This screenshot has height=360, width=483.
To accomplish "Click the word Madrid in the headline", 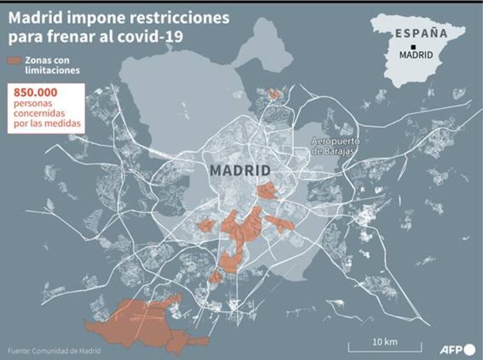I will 32,18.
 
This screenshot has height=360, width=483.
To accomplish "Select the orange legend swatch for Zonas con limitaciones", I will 15,60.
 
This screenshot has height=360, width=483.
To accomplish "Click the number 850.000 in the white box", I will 33,92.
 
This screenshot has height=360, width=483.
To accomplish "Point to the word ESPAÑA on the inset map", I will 421,33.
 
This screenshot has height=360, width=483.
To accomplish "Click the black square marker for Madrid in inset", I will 412,46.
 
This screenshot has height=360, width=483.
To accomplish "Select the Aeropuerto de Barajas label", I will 336,146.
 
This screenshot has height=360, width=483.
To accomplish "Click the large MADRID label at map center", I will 240,171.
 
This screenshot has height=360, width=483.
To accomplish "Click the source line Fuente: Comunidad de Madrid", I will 54,351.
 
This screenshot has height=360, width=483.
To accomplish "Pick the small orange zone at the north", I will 273,94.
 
